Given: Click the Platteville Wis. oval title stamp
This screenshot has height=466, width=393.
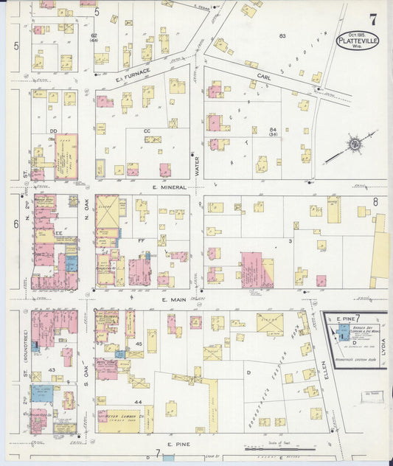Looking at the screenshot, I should pos(358,40).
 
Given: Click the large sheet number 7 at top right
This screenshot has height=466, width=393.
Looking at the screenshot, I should pos(373,20).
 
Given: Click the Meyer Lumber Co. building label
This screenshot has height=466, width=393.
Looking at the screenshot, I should pos(120,414).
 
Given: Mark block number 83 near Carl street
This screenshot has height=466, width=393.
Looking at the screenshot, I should pos(282,35).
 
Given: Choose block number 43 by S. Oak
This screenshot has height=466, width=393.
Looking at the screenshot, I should pos(52,369).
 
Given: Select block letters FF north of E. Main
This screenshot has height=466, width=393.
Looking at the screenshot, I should pos(141,240).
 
